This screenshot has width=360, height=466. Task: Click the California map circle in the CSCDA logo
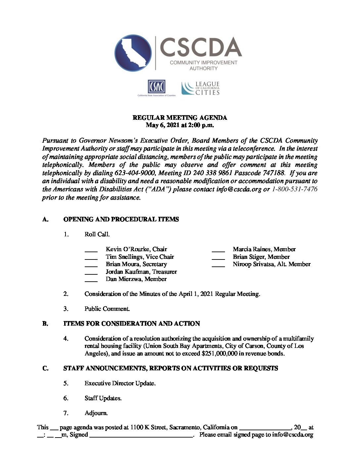(133, 53)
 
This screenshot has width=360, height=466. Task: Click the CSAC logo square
(156, 87)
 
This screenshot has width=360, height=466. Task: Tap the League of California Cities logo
(201, 88)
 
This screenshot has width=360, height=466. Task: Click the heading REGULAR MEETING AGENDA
(180, 118)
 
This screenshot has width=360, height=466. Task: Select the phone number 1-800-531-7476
(294, 189)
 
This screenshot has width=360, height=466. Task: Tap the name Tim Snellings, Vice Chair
(140, 257)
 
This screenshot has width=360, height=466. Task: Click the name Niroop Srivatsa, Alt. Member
(271, 264)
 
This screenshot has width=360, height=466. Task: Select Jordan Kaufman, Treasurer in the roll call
(141, 272)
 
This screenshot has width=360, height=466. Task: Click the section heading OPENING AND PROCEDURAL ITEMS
(121, 219)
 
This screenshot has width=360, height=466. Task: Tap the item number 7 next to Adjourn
(66, 413)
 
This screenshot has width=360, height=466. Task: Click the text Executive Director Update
(120, 383)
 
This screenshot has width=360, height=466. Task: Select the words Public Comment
(107, 309)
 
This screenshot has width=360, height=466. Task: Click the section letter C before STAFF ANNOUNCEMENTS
(45, 368)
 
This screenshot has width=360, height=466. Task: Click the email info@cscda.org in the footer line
(292, 435)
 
